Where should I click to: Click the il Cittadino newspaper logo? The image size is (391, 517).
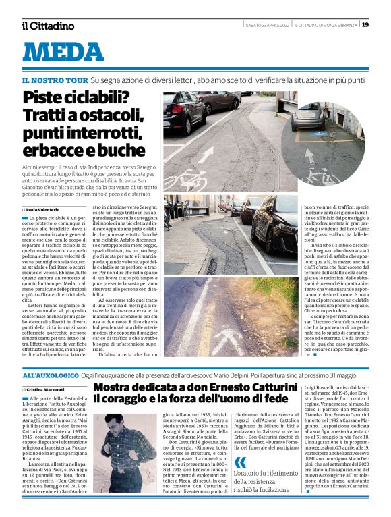tap(47, 26)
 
